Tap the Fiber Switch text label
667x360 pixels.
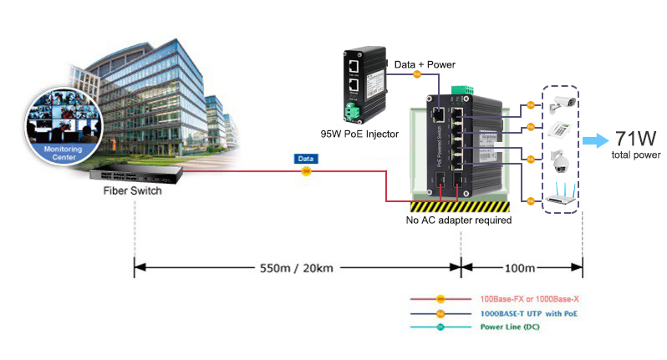click(132, 190)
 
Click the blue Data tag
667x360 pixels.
click(306, 157)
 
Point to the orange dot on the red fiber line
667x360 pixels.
click(306, 171)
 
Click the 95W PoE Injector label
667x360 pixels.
click(360, 134)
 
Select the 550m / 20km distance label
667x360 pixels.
click(297, 269)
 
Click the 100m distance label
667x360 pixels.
click(520, 269)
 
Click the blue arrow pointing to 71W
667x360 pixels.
click(596, 139)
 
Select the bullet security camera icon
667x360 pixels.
click(562, 104)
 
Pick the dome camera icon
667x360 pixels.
click(562, 160)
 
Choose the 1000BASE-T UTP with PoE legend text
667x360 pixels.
click(528, 313)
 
